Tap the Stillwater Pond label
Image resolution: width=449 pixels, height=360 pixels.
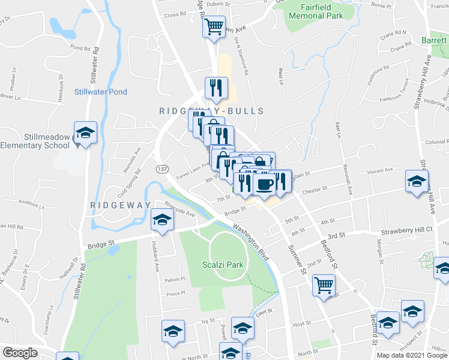(x=101, y=92)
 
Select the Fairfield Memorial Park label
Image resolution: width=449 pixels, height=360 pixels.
(x=315, y=11)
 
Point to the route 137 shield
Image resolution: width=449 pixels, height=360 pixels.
(x=162, y=169)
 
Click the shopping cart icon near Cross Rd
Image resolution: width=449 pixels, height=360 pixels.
(x=214, y=26)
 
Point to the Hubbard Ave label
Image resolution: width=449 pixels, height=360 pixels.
(x=155, y=258)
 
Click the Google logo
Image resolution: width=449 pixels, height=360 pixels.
(x=20, y=353)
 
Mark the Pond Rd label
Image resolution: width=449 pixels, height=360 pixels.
(x=80, y=47)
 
